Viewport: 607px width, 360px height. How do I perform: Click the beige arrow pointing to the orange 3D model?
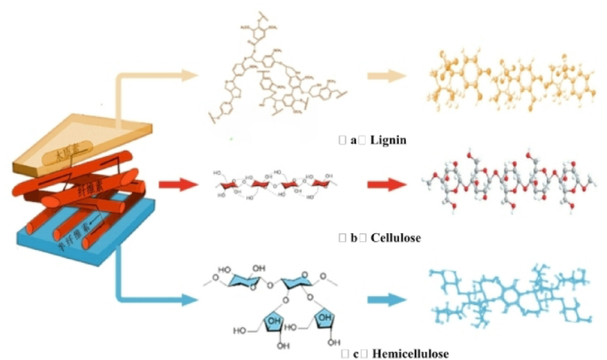pos(388,76)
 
